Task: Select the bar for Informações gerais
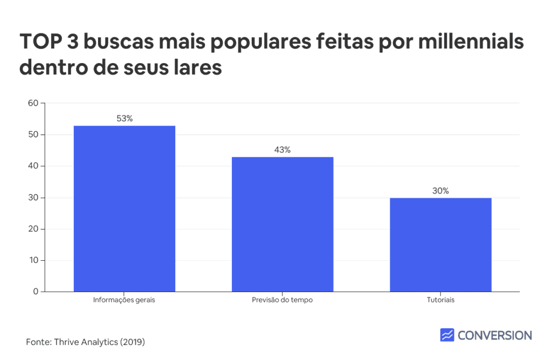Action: coord(125,209)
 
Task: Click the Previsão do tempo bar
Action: coord(282,224)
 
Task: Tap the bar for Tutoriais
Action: coord(440,245)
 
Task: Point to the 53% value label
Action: coord(125,119)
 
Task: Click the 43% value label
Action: coord(282,150)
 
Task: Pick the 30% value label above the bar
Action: coord(440,191)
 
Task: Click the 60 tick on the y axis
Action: coord(33,103)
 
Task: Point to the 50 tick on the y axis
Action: coord(33,134)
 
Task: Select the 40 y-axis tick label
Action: coord(33,166)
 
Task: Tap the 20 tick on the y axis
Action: coord(33,229)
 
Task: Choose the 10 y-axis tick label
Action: coord(33,260)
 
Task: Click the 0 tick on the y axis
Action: coord(36,292)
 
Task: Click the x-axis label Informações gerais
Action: coord(124,300)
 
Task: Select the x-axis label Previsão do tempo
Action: coord(282,300)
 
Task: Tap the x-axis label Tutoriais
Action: coord(440,300)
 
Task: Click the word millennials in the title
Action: coord(471,41)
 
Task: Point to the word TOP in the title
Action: coord(40,41)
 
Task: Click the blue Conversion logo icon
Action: coord(447,335)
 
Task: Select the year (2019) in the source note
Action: coord(133,342)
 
